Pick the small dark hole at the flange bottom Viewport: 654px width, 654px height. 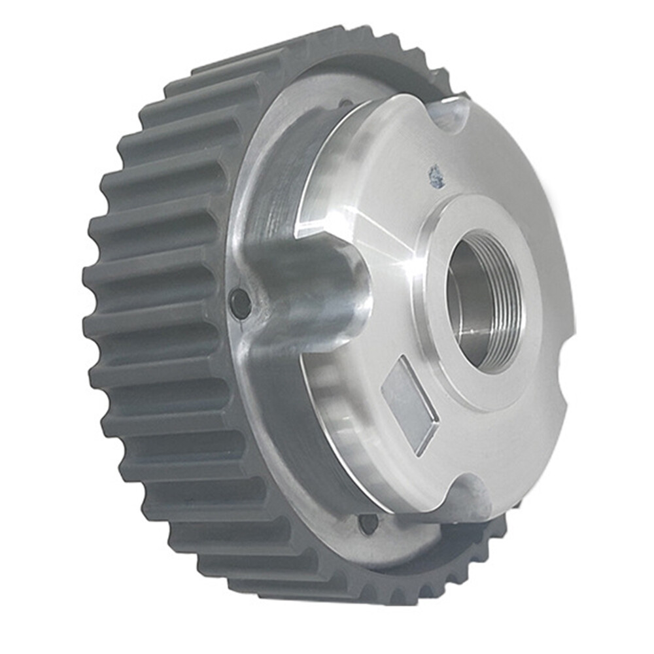(369, 523)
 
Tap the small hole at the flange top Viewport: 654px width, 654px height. (345, 103)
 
